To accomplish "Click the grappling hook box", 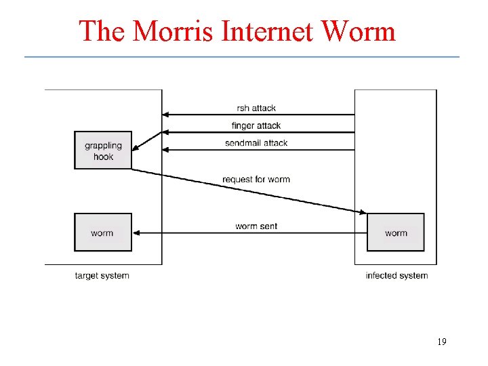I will [103, 150].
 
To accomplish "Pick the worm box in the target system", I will [103, 232].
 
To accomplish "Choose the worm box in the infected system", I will [396, 232].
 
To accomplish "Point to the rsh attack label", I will [256, 108].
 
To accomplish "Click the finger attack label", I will [256, 125].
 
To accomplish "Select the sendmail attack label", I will [256, 143].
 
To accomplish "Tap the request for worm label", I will [256, 180].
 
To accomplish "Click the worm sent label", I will [256, 226].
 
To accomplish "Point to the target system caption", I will [102, 275].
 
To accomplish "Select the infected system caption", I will [396, 275].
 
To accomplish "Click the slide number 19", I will [441, 342].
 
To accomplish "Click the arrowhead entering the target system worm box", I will [136, 232].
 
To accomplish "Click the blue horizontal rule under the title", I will [242, 56].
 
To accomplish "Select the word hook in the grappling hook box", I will [103, 157].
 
